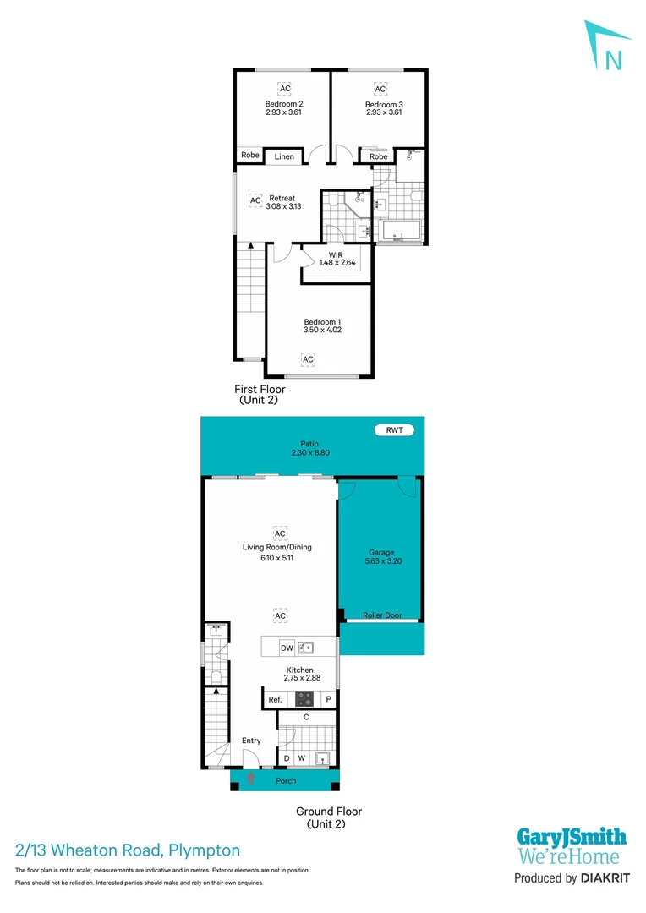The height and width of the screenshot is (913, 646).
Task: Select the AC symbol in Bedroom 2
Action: tap(285, 89)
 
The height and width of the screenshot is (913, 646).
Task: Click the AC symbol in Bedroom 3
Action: tap(380, 89)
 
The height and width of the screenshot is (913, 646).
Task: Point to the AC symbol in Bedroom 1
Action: tap(308, 359)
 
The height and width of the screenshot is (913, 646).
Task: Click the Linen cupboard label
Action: tap(284, 157)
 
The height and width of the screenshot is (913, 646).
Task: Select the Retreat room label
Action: tap(282, 199)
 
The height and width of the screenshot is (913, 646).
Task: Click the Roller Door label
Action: tap(381, 615)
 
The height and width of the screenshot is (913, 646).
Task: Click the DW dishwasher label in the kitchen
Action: tap(287, 648)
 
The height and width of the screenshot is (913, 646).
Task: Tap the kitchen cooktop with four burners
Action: tap(304, 699)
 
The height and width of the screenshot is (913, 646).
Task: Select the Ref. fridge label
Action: tap(274, 700)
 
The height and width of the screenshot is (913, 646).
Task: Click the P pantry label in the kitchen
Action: tap(329, 700)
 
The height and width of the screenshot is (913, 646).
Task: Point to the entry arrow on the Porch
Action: tap(251, 778)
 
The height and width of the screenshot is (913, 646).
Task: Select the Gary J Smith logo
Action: tap(572, 845)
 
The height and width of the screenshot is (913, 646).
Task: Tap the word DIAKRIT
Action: tap(604, 879)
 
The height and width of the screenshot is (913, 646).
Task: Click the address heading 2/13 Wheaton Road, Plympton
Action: tap(128, 850)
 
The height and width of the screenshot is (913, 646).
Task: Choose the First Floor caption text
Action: tap(260, 390)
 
